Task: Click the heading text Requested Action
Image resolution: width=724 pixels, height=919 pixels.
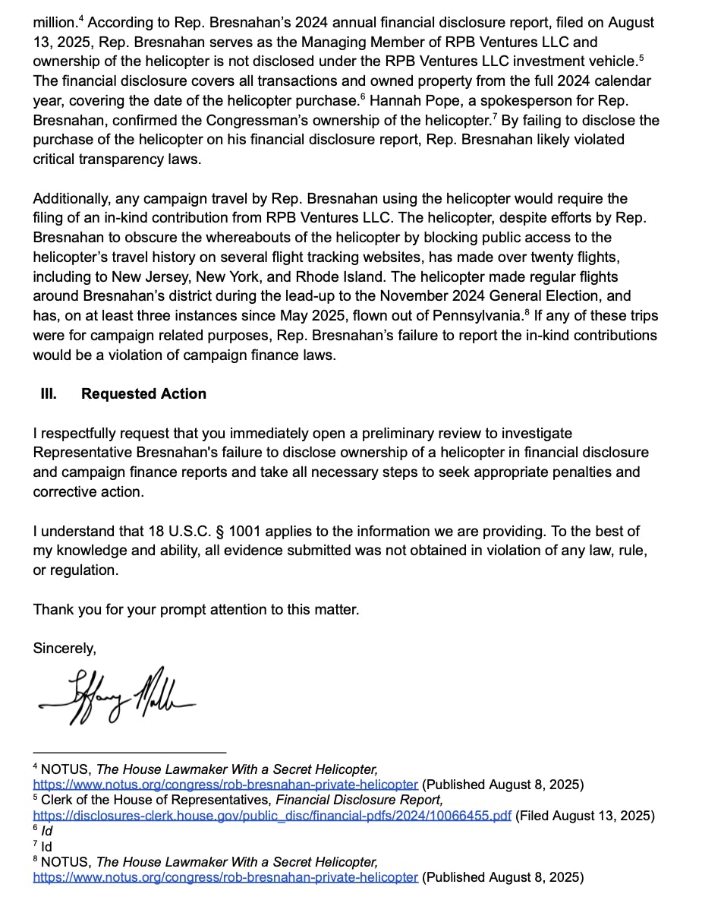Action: pyautogui.click(x=143, y=394)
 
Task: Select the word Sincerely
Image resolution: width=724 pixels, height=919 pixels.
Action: pyautogui.click(x=64, y=649)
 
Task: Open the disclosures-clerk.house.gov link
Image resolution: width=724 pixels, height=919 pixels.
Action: pyautogui.click(x=272, y=816)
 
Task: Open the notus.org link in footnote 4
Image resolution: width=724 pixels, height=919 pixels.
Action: pyautogui.click(x=225, y=785)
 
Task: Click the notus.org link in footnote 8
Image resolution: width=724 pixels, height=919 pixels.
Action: pyautogui.click(x=225, y=877)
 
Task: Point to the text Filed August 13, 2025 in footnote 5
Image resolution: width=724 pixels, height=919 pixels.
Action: pyautogui.click(x=584, y=816)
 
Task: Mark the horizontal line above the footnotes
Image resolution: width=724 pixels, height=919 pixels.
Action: pyautogui.click(x=129, y=752)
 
